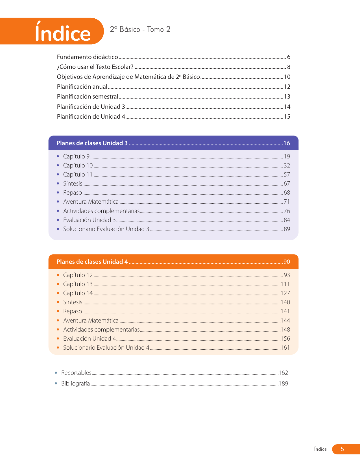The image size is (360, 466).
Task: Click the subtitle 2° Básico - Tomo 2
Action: point(140,29)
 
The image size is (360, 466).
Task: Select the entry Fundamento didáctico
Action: point(87,57)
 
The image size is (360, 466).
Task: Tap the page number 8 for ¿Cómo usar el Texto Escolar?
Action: point(289,67)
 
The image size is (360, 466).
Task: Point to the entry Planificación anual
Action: point(82,87)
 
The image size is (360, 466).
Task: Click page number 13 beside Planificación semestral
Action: point(287,97)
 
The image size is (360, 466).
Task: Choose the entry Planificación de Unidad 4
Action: point(91,117)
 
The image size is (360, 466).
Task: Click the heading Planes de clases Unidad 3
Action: point(92,143)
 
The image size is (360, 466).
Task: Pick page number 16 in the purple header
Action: point(287,143)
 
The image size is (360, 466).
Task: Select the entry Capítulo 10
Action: point(78,166)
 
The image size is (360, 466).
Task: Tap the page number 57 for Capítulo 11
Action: point(287,175)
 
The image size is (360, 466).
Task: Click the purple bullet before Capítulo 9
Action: point(58,156)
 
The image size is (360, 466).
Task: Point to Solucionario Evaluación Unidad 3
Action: point(106,229)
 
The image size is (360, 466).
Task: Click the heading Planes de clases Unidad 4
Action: point(92,262)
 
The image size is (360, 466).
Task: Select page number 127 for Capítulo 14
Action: point(285,293)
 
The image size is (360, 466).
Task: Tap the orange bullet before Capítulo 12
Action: point(58,275)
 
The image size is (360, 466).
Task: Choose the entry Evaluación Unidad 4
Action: point(89,339)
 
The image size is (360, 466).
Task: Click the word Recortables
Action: point(76,373)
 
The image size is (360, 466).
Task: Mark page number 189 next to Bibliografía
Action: point(283,384)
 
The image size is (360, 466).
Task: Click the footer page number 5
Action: point(342,449)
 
